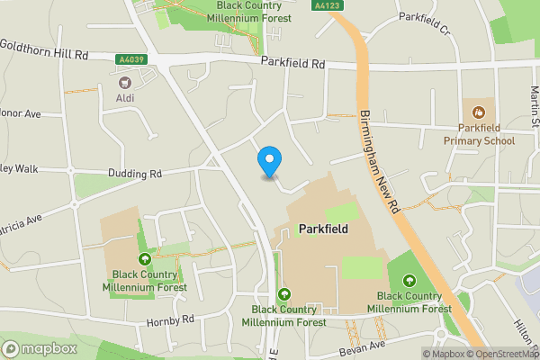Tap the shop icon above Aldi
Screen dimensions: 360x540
click(123, 81)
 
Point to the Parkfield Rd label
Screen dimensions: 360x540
click(293, 63)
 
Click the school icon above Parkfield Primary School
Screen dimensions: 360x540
click(478, 112)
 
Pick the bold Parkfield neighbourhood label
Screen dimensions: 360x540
click(322, 229)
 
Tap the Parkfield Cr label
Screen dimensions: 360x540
click(424, 17)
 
